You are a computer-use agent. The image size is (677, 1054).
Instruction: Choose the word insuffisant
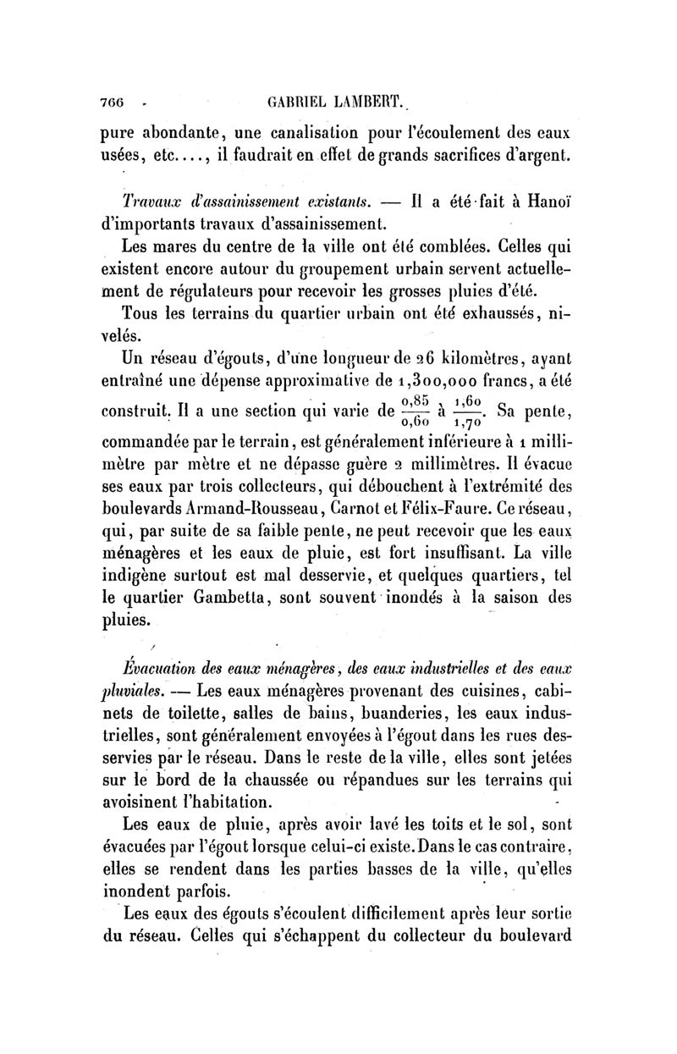click(x=460, y=554)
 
